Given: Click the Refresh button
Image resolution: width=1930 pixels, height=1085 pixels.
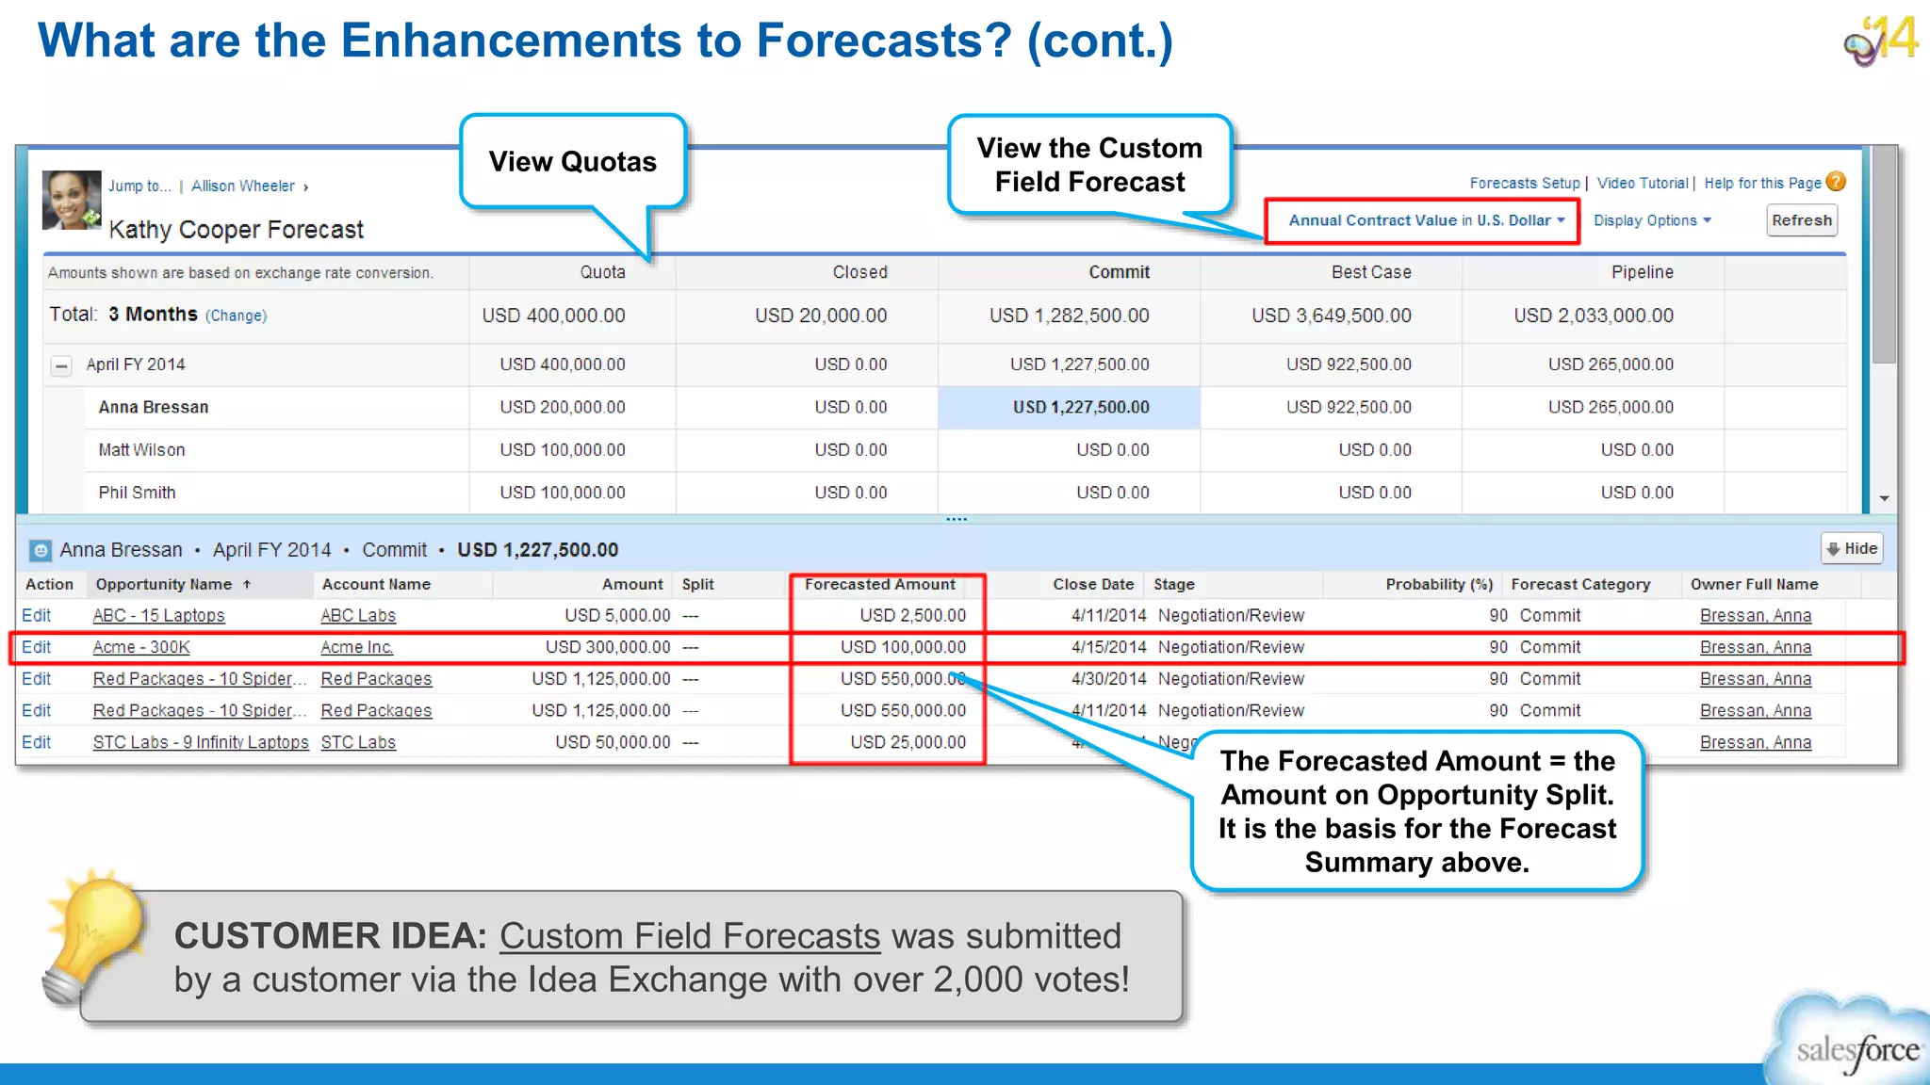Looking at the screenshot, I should (1801, 220).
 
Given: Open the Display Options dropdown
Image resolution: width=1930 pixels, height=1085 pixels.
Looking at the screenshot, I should (1651, 220).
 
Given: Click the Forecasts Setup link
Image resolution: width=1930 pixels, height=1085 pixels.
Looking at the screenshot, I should (1524, 184).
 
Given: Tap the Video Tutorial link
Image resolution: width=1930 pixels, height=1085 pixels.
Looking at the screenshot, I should (1642, 184).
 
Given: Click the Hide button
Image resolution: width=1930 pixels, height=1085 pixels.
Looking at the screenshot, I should (1852, 548).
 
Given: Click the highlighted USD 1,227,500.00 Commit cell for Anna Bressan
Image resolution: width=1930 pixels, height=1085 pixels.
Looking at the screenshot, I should (1080, 408).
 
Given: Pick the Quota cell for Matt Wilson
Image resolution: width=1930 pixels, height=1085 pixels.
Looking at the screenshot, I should (562, 450).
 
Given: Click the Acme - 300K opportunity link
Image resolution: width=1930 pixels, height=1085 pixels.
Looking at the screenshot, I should (141, 648).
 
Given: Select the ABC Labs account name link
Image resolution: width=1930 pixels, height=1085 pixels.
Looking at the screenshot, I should (358, 616).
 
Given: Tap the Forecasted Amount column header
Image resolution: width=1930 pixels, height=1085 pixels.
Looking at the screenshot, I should (879, 585).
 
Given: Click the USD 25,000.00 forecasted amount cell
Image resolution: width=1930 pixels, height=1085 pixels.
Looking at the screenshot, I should (908, 743).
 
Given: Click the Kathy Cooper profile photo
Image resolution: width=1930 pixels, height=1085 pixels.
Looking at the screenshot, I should (72, 200).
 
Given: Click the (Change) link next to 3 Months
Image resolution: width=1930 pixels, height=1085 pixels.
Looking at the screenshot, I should (236, 316).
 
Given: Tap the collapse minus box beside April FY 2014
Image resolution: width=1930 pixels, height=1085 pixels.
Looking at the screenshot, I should (61, 365).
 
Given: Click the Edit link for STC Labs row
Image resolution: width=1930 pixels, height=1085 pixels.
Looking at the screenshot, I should (37, 743).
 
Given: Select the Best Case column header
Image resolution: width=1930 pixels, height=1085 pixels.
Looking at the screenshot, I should (1370, 272).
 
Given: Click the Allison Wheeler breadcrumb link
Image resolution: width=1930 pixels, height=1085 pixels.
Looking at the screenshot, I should (242, 186).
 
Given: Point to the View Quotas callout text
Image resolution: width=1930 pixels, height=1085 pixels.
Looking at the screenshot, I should (572, 162).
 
